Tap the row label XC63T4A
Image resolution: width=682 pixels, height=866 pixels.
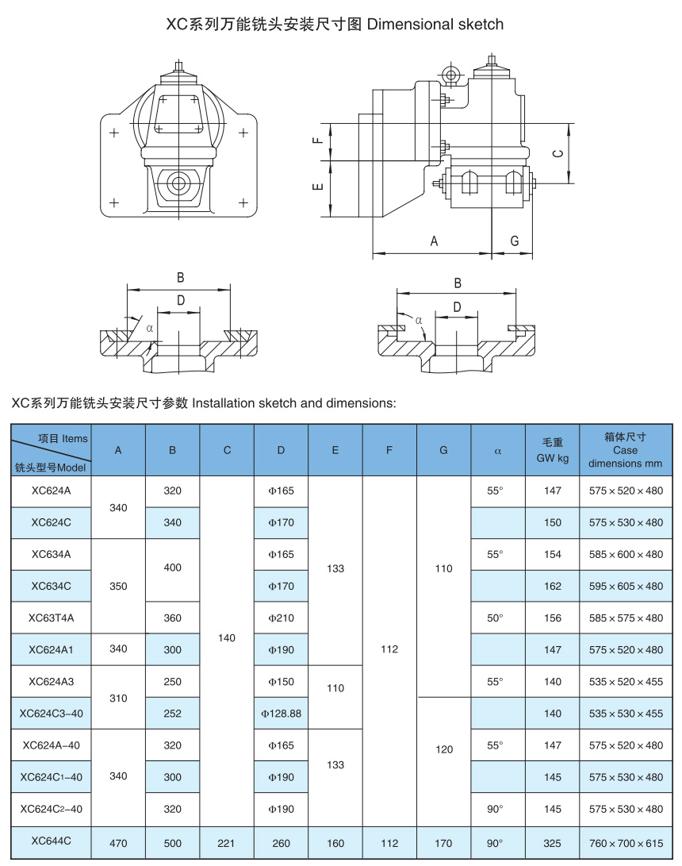click(x=51, y=618)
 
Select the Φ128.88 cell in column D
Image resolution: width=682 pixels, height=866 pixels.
click(x=281, y=714)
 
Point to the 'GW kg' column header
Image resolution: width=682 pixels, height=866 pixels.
click(x=553, y=450)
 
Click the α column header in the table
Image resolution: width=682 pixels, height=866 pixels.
click(x=498, y=450)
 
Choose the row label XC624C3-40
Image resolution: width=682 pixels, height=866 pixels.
click(x=51, y=714)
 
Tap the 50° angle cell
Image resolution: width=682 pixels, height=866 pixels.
click(x=495, y=618)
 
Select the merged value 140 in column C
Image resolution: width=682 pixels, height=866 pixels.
click(x=227, y=637)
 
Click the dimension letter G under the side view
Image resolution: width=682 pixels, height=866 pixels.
click(x=514, y=241)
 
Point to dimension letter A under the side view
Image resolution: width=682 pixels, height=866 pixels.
click(x=434, y=241)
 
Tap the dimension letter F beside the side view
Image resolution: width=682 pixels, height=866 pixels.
click(x=317, y=140)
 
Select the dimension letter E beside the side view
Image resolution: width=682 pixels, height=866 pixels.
click(x=317, y=187)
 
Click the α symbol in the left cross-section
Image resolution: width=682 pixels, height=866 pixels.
click(x=148, y=326)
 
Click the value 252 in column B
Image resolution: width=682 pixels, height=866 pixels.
click(x=172, y=714)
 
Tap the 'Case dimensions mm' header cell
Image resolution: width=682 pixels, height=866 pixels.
click(x=626, y=450)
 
